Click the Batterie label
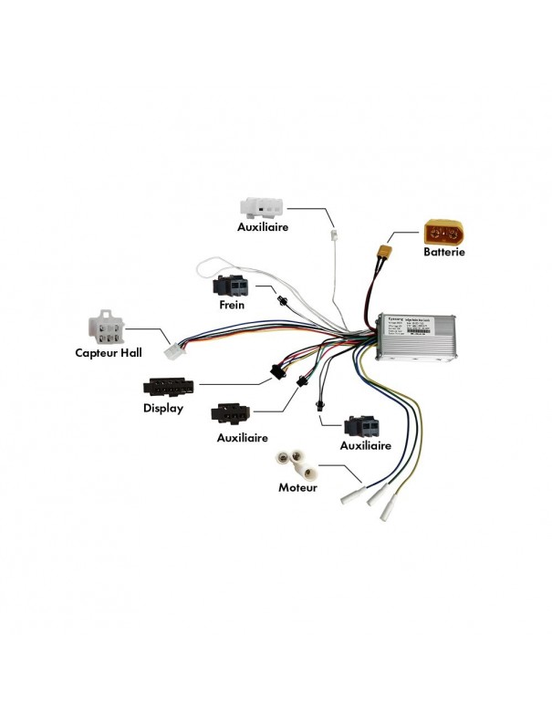tap(444, 251)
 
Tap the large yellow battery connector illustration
tap(444, 228)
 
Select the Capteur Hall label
tap(113, 350)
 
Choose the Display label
tap(162, 408)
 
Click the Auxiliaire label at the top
tap(263, 225)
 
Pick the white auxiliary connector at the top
tap(263, 204)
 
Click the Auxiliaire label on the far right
tap(365, 445)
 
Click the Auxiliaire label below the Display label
tap(243, 437)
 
